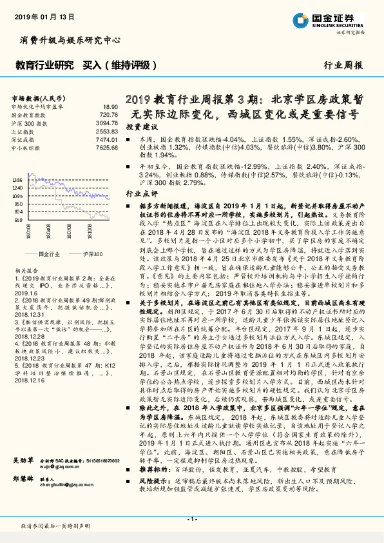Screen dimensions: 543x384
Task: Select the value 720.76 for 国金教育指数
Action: (x=109, y=114)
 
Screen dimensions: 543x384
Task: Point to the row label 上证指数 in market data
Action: (x=25, y=131)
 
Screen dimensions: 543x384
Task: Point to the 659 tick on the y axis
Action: (x=18, y=219)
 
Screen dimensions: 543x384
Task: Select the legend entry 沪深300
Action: (x=90, y=254)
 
